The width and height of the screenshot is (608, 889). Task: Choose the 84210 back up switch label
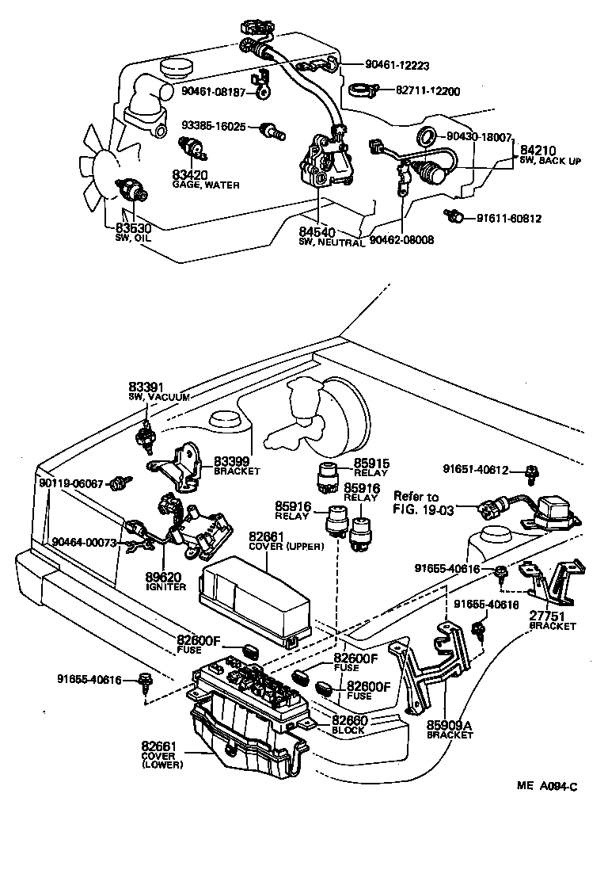tap(549, 154)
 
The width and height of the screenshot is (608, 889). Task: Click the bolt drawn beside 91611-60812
tap(454, 216)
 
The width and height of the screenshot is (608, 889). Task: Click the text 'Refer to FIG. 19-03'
tap(424, 503)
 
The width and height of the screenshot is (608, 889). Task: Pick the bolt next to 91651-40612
tap(534, 473)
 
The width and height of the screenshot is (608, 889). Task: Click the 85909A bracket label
tap(449, 728)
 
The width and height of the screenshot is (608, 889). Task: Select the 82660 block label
tap(348, 723)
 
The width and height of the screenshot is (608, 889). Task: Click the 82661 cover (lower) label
tap(162, 754)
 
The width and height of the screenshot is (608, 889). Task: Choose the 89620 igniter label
tap(166, 582)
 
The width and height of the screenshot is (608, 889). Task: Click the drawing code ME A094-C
tap(546, 786)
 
